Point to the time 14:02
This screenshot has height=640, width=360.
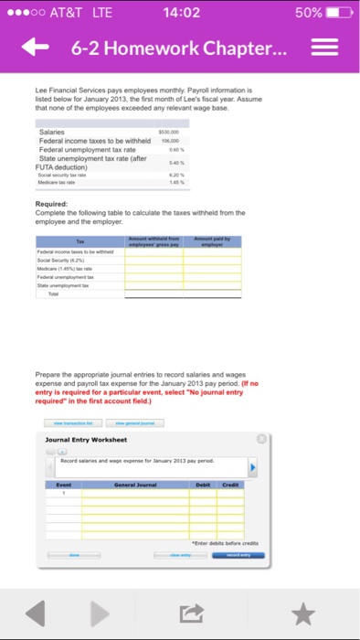pos(179,13)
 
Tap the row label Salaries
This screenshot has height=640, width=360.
pos(51,133)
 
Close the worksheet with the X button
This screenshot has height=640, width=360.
pos(260,439)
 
